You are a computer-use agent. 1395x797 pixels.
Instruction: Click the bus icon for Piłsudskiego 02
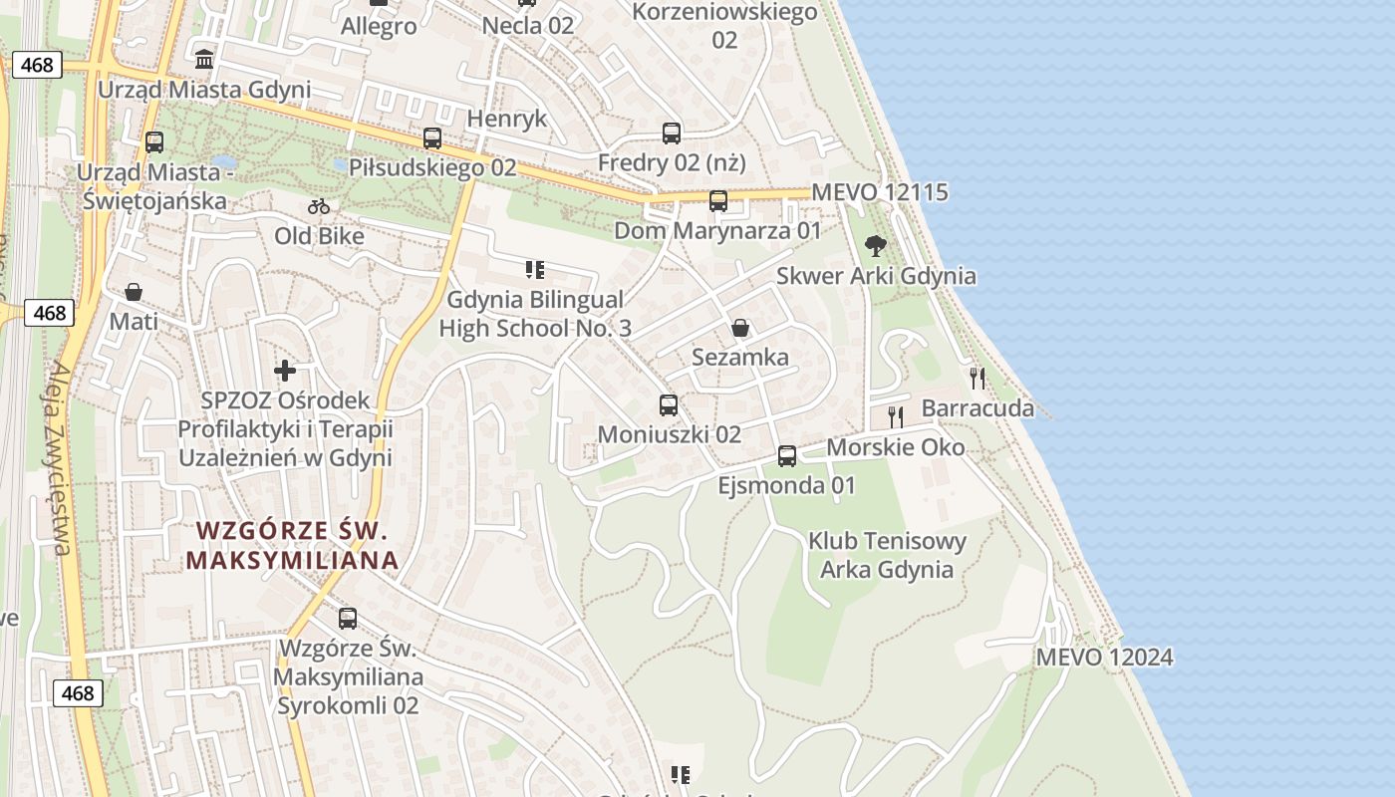[431, 138]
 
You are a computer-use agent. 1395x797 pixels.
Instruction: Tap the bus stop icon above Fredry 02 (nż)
[672, 133]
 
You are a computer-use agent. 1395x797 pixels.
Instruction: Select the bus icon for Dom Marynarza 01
[717, 201]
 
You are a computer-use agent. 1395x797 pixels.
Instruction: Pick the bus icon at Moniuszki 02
[669, 405]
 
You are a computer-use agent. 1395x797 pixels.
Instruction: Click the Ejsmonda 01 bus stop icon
[787, 456]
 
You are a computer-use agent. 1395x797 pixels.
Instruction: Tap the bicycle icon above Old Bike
[319, 207]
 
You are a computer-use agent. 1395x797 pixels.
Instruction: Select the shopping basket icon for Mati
[134, 292]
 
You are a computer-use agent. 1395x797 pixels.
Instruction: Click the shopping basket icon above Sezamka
[740, 328]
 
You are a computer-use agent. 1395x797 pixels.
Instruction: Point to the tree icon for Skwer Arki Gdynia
[876, 245]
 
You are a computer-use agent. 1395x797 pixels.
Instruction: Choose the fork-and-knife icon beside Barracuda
[977, 378]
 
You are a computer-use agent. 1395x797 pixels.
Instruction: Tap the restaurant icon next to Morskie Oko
[895, 416]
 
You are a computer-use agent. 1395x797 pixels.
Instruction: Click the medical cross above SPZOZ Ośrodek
[285, 371]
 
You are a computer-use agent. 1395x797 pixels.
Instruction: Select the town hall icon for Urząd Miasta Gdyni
[204, 60]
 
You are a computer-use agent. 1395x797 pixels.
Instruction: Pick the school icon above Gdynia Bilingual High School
[535, 269]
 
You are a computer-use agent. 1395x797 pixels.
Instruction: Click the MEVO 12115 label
[880, 192]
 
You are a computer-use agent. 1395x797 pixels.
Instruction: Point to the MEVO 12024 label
[1104, 658]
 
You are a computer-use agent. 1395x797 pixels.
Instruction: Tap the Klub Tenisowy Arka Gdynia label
[887, 556]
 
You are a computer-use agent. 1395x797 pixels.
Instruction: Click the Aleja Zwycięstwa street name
[58, 458]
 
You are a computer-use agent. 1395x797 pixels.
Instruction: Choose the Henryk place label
[507, 119]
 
